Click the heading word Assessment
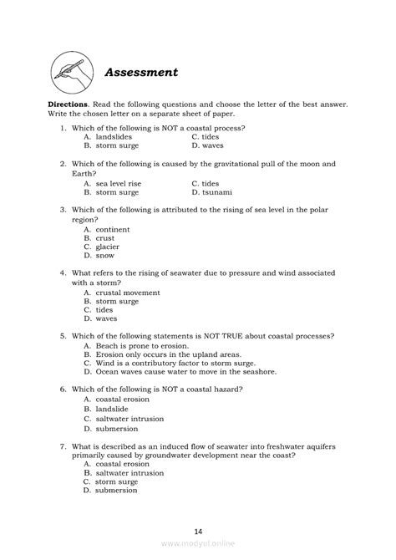click(141, 72)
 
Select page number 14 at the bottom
click(198, 531)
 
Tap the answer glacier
click(107, 247)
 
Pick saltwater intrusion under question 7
click(129, 473)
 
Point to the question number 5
click(63, 336)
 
